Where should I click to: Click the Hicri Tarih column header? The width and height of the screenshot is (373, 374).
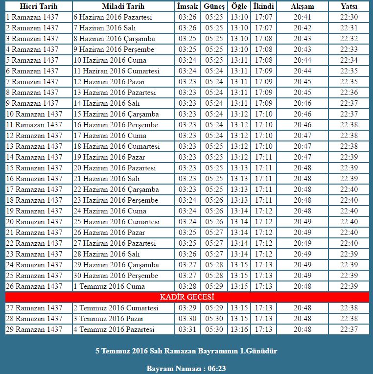(39, 6)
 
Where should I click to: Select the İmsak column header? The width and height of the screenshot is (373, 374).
(187, 6)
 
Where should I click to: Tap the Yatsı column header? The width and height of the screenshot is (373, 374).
(349, 6)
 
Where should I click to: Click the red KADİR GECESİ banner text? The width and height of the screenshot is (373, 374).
(187, 297)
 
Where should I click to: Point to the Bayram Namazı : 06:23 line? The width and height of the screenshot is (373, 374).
(186, 368)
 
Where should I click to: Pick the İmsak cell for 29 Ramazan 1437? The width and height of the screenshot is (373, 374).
(187, 329)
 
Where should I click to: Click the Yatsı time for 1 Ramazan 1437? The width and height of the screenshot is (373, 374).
(349, 17)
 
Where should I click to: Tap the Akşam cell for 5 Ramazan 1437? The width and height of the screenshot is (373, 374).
(303, 60)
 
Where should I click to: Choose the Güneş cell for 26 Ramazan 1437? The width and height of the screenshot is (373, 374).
(214, 286)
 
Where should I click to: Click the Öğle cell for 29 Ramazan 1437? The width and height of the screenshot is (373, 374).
(239, 329)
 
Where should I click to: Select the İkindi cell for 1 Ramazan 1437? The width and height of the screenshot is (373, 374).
(264, 17)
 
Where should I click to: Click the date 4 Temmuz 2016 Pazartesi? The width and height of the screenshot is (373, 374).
(114, 329)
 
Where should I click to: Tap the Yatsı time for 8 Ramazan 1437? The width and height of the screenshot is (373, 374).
(349, 93)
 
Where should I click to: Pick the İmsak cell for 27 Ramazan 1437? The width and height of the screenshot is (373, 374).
(187, 308)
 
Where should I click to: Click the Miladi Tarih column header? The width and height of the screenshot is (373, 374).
(123, 6)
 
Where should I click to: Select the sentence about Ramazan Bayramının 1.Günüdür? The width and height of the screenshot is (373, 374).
(186, 351)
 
